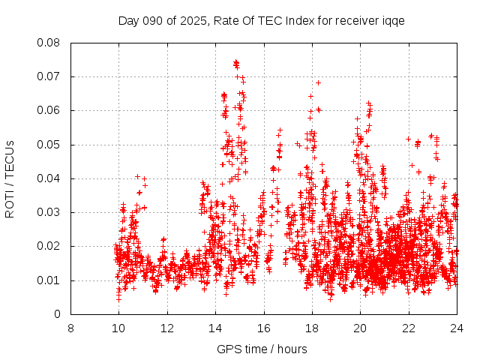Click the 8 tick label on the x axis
(x=70, y=328)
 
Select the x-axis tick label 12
(x=167, y=328)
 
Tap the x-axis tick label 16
(x=264, y=328)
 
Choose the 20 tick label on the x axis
(x=360, y=328)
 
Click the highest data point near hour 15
(x=235, y=62)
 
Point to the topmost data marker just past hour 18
(x=318, y=82)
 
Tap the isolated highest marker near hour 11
(x=137, y=176)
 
